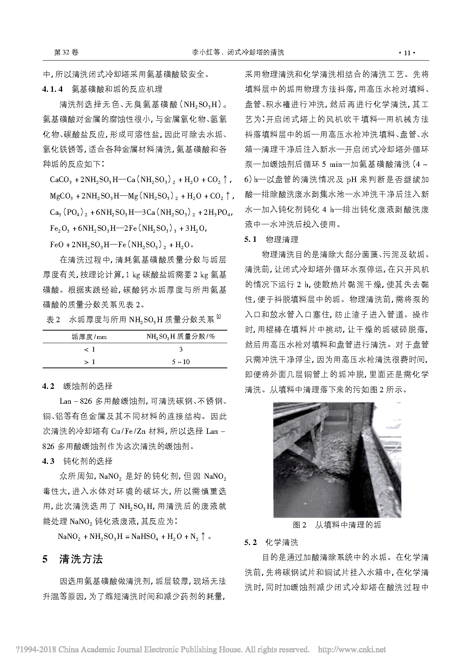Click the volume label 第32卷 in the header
(x=67, y=53)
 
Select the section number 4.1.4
(x=52, y=89)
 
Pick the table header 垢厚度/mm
(x=89, y=336)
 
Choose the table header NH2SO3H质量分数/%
(x=181, y=336)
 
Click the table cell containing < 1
(x=89, y=349)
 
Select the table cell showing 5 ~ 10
(x=181, y=362)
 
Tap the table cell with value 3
(x=181, y=349)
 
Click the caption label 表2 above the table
(x=53, y=320)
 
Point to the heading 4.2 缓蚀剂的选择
(x=77, y=386)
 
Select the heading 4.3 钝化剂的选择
(x=77, y=461)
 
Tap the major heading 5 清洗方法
(x=73, y=559)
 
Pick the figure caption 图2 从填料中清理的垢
(x=336, y=525)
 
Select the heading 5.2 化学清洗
(x=271, y=542)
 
